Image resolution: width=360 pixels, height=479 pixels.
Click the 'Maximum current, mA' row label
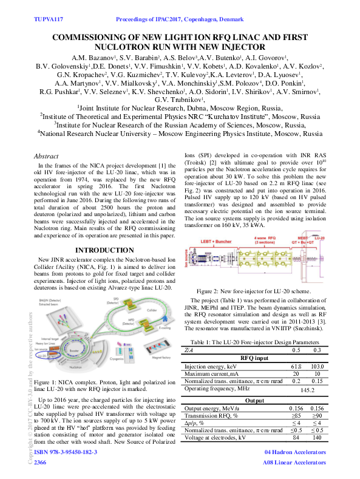point(212,375)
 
